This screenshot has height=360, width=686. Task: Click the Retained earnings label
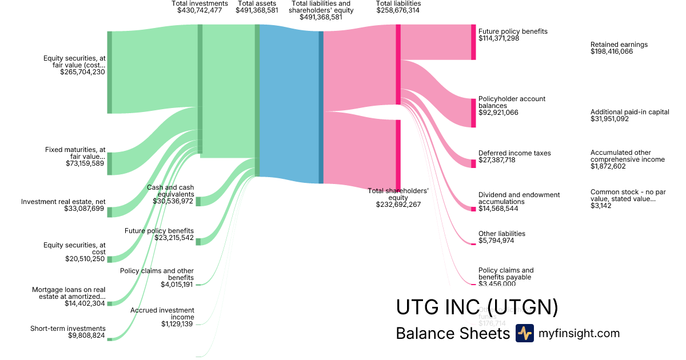click(x=619, y=45)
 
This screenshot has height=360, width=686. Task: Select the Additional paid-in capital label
click(x=629, y=112)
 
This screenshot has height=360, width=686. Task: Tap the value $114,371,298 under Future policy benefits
click(x=498, y=38)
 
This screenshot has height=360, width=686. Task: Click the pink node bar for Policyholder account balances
click(x=473, y=113)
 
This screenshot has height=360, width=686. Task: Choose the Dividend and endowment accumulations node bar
click(x=473, y=209)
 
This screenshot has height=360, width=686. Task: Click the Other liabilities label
click(x=501, y=234)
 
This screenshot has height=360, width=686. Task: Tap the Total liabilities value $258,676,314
click(x=398, y=11)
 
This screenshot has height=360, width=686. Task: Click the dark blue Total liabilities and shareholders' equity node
click(x=321, y=107)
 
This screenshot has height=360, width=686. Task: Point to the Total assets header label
click(x=257, y=3)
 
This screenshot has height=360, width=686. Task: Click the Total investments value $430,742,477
click(x=200, y=11)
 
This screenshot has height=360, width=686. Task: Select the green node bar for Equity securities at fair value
click(x=110, y=73)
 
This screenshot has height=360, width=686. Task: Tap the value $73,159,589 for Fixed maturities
click(x=85, y=163)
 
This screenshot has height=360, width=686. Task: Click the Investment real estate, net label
click(x=63, y=202)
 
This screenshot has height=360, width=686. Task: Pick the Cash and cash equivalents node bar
click(x=198, y=201)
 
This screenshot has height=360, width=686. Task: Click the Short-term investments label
click(x=67, y=329)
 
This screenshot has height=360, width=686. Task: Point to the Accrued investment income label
click(x=162, y=314)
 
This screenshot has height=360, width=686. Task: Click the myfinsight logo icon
click(x=524, y=333)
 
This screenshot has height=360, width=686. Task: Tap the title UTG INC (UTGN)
click(x=477, y=307)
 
